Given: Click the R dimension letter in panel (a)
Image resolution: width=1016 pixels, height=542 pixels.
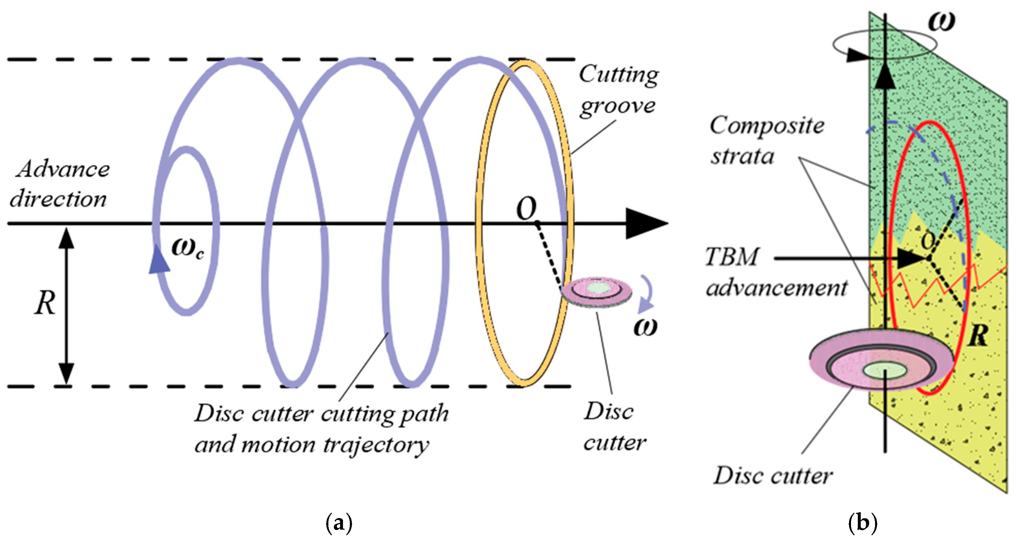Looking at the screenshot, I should click(44, 303).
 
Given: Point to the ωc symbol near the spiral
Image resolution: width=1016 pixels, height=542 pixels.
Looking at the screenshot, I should click(187, 248).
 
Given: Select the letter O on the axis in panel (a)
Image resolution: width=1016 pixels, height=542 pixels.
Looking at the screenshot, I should click(526, 209).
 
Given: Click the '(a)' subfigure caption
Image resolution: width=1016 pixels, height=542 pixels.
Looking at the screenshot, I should click(339, 524).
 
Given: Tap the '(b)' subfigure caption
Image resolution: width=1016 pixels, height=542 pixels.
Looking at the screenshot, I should click(863, 524).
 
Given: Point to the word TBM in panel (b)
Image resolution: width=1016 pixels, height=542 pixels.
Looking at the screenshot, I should click(731, 257).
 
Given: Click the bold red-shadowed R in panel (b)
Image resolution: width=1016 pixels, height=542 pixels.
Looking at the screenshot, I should click(978, 336).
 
